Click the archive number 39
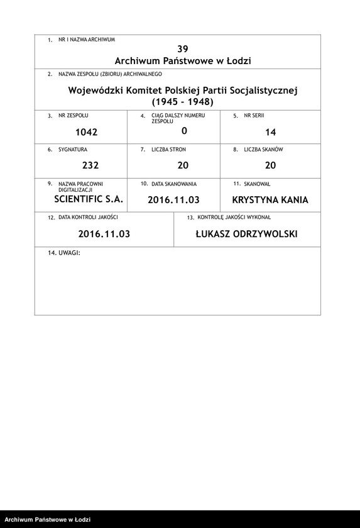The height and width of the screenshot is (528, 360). click(183, 49)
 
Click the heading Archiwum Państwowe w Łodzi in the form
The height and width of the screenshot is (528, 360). click(183, 61)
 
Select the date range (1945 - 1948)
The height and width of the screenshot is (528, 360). click(183, 102)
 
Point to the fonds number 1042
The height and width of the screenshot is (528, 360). click(86, 132)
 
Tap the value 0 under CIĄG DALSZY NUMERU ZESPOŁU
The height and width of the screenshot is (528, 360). click(184, 131)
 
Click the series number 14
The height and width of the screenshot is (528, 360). click(271, 132)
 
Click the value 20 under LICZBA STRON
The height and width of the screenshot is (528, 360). click(183, 166)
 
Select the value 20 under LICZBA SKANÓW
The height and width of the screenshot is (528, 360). click(271, 166)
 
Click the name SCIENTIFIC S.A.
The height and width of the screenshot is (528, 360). click(89, 199)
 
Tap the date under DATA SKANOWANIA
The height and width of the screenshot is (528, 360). click(173, 201)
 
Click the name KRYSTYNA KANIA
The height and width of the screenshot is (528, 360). click(270, 201)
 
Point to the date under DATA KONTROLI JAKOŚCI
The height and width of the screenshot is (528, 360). click(104, 234)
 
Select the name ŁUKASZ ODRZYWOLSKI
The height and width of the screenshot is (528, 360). click(246, 234)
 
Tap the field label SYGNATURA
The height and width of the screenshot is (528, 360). click(72, 150)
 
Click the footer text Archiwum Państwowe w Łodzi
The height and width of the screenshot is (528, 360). click(48, 519)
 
